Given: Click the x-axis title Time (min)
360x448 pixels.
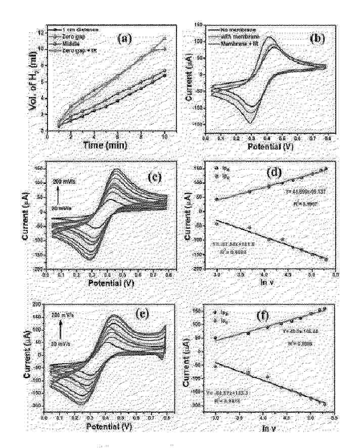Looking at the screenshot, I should (x=106, y=145).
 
